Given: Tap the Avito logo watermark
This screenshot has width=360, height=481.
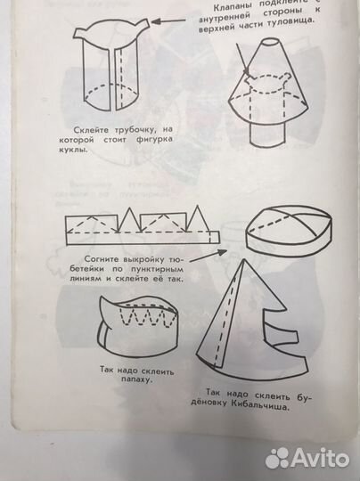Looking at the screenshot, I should pos(307,457).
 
